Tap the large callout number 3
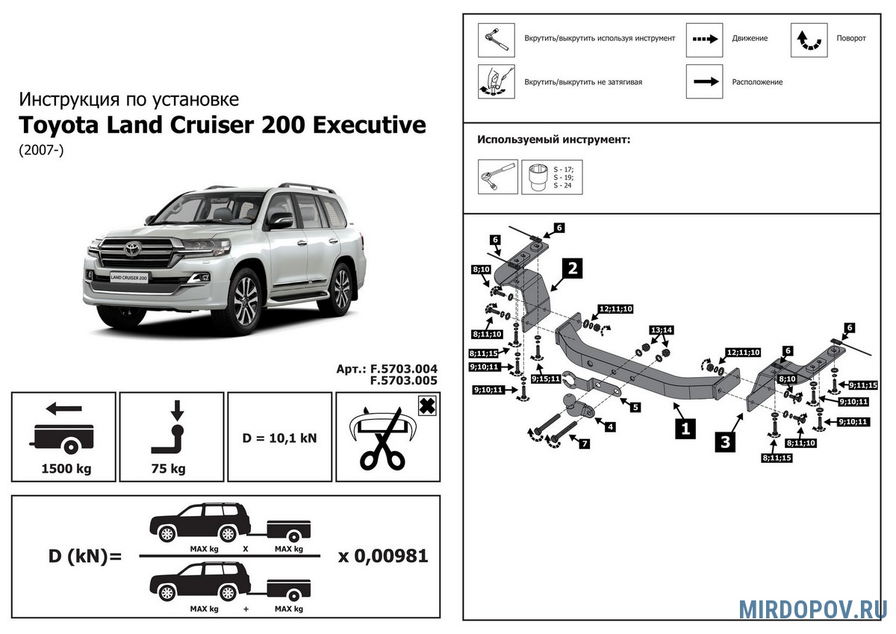pos(724,441)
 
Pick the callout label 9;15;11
pos(547,379)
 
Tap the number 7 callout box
pos(584,444)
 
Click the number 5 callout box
pos(635,407)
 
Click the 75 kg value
pos(172,470)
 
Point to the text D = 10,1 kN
pos(281,438)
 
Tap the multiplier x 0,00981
pos(382,556)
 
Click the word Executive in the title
pos(368,125)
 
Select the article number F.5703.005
pos(403,380)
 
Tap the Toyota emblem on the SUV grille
pos(132,249)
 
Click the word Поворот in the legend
pos(851,38)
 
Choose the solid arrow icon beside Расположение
pos(704,82)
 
